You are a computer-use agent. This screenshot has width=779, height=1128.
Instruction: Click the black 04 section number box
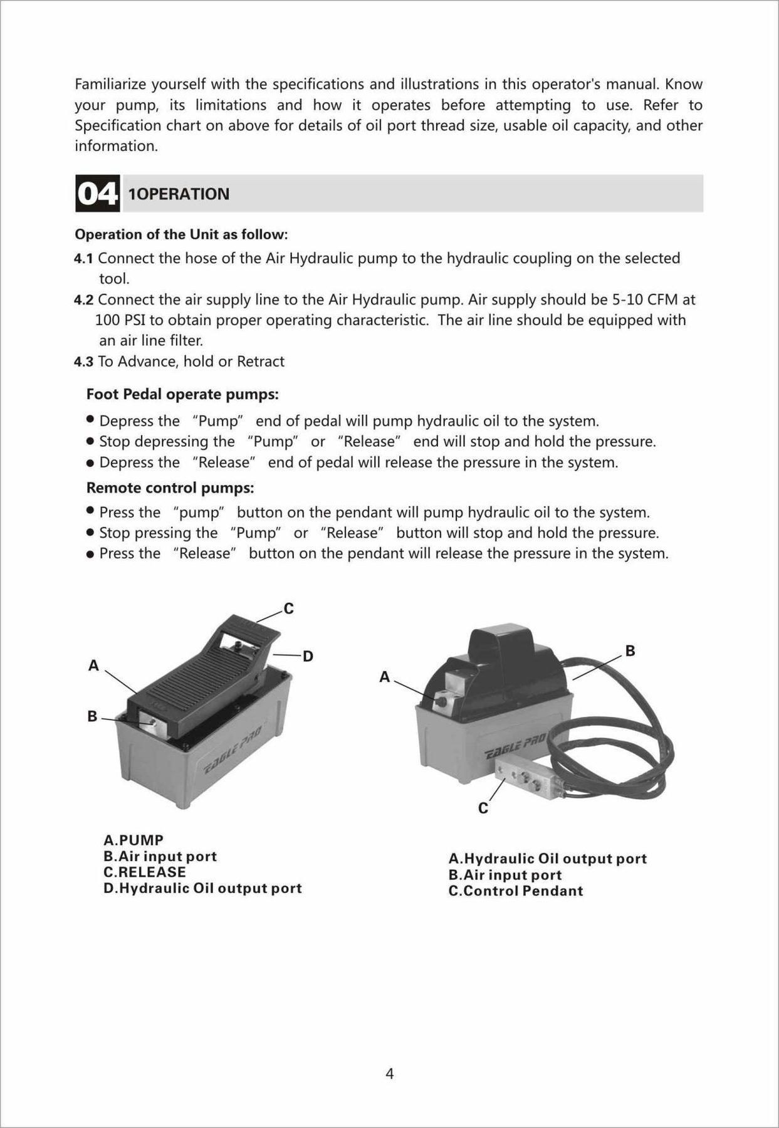tap(97, 193)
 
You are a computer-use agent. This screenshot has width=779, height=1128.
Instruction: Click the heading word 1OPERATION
tap(179, 194)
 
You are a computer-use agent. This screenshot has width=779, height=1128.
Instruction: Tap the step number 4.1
tap(84, 258)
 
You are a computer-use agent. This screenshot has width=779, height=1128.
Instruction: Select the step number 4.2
tap(84, 300)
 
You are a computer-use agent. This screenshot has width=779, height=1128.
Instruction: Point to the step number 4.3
tap(84, 362)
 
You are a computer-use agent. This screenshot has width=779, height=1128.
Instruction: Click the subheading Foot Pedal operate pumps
tap(182, 395)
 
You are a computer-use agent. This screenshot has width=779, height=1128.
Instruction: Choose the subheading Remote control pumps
tap(170, 488)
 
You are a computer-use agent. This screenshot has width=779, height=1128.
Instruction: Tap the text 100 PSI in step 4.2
tap(120, 320)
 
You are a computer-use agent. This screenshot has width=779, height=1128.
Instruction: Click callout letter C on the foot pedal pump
tap(288, 608)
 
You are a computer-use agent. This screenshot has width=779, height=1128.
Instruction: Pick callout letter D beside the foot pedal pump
tap(308, 656)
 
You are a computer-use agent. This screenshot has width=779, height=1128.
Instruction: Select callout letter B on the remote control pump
tap(630, 651)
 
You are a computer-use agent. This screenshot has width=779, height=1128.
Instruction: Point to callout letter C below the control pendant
tap(483, 808)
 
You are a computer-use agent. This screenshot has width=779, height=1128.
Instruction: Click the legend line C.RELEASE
tap(145, 872)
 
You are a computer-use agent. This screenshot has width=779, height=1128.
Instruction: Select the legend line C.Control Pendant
tap(516, 891)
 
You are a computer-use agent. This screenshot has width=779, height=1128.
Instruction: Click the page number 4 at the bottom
tap(390, 1074)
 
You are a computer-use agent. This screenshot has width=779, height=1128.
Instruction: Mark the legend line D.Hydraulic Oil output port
tap(202, 889)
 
